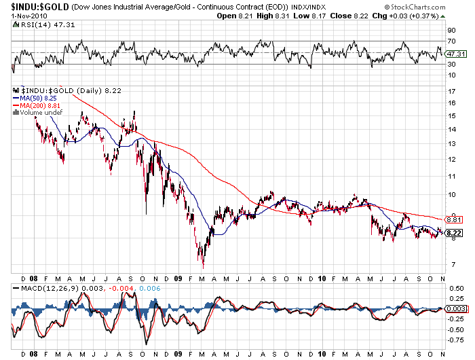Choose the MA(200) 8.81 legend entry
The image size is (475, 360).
[x=43, y=106]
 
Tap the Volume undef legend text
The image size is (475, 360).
[x=41, y=113]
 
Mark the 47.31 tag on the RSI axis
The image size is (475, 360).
[x=456, y=54]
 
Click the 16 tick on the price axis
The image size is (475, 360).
[x=451, y=103]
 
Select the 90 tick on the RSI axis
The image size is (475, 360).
[x=451, y=31]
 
